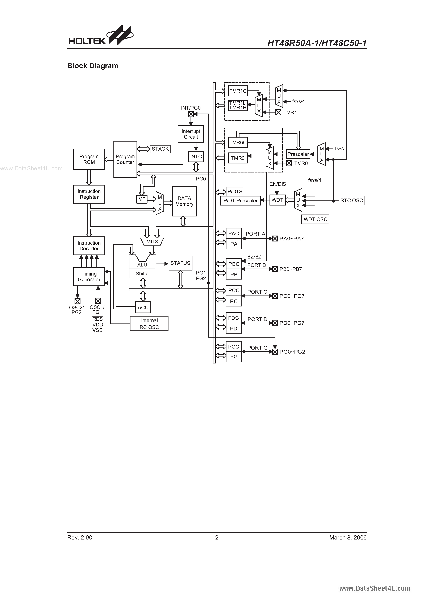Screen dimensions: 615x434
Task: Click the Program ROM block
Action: click(89, 159)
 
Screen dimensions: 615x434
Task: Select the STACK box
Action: click(160, 149)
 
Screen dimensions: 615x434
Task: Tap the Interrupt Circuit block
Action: click(191, 134)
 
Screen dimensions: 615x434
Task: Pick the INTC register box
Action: click(196, 157)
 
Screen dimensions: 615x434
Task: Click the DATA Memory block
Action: click(184, 201)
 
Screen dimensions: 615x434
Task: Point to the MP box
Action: click(142, 199)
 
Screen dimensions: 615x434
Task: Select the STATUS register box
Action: click(180, 263)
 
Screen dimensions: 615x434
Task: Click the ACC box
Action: click(143, 307)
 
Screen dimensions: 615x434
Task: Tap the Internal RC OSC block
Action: click(149, 323)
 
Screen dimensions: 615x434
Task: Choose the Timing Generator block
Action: click(89, 276)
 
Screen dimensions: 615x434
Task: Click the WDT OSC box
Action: click(315, 219)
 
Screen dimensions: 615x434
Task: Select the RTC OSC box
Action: click(351, 200)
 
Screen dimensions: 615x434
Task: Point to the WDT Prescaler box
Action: click(241, 201)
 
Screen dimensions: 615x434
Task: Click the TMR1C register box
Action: click(238, 91)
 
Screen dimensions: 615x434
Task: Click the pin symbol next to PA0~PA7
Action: click(275, 238)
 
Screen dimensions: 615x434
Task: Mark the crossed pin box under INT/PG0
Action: click(191, 114)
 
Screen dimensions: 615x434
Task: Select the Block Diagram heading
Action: click(93, 66)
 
